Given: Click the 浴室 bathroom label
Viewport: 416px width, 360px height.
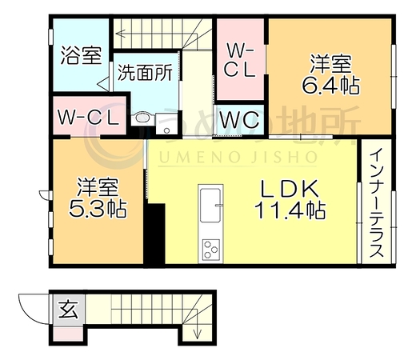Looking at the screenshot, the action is click(82, 55).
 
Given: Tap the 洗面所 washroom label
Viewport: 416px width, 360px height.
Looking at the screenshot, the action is click(146, 73).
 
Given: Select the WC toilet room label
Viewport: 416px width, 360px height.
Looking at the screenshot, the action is click(239, 119).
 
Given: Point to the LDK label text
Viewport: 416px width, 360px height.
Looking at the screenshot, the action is click(290, 189).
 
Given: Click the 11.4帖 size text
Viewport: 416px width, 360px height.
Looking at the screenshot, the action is click(290, 210).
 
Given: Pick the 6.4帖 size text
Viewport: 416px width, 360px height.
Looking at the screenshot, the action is click(330, 86).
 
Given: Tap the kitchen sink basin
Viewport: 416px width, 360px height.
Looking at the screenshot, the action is click(210, 205).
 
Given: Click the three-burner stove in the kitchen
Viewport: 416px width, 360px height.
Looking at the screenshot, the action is click(210, 250).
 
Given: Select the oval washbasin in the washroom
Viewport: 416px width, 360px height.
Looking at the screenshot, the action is click(143, 118).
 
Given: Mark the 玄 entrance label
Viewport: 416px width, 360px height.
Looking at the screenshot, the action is click(69, 310).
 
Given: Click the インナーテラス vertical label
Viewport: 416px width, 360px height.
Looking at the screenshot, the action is click(377, 202).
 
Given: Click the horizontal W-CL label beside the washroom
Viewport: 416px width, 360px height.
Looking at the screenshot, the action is click(88, 118).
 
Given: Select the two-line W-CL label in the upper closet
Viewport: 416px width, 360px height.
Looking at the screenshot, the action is click(239, 60).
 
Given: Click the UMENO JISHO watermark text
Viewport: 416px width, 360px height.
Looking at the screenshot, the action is click(238, 157).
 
